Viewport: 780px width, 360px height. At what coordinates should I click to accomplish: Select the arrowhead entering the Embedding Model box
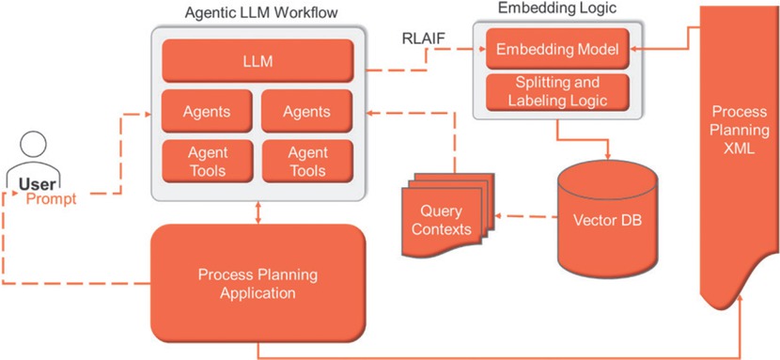pos(633,49)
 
